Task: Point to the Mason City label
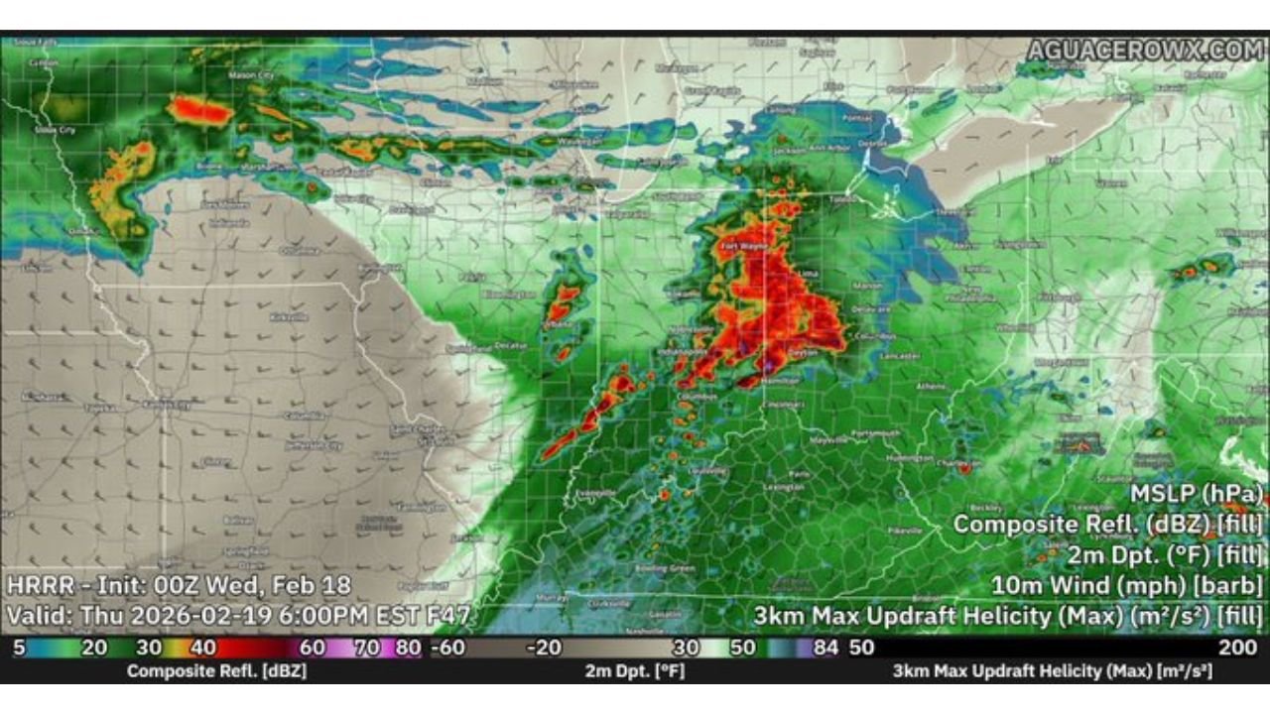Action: point(251,74)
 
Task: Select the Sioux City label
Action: point(54,130)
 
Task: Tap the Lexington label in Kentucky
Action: point(784,488)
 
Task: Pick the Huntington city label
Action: point(910,459)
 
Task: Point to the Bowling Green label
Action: point(665,568)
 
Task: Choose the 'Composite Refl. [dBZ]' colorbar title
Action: point(216,671)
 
